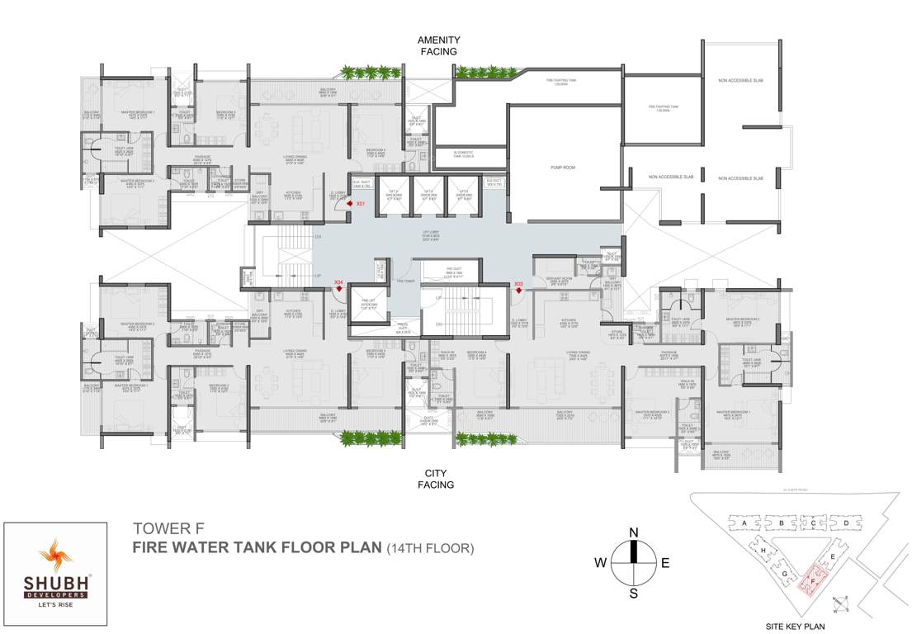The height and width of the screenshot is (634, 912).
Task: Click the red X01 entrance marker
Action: click(x=350, y=203)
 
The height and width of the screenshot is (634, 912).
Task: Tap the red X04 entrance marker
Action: click(x=338, y=288)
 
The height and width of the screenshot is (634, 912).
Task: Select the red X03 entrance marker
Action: click(x=517, y=289)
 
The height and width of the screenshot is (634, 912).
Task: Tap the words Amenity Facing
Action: click(x=438, y=45)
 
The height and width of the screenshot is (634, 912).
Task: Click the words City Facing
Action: click(x=438, y=480)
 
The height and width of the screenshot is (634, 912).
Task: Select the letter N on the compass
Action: click(x=633, y=532)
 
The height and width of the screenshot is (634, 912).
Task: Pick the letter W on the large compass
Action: click(x=600, y=563)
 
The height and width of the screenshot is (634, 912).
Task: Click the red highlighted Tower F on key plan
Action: click(x=814, y=580)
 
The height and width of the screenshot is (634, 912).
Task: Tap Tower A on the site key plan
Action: click(x=744, y=523)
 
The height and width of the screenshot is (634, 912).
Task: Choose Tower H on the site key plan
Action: click(x=763, y=550)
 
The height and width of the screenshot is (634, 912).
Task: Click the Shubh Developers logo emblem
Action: click(x=54, y=556)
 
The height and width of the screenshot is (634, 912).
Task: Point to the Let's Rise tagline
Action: click(x=54, y=604)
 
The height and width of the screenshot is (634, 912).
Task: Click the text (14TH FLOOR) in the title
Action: click(x=429, y=547)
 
